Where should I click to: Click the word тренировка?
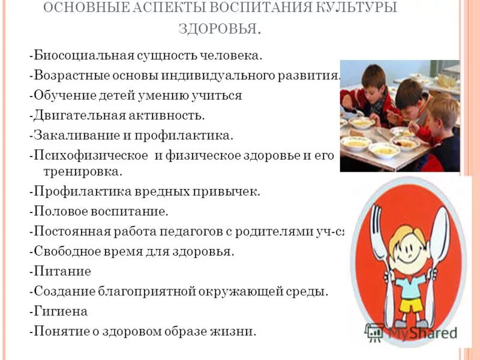click(83, 172)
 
